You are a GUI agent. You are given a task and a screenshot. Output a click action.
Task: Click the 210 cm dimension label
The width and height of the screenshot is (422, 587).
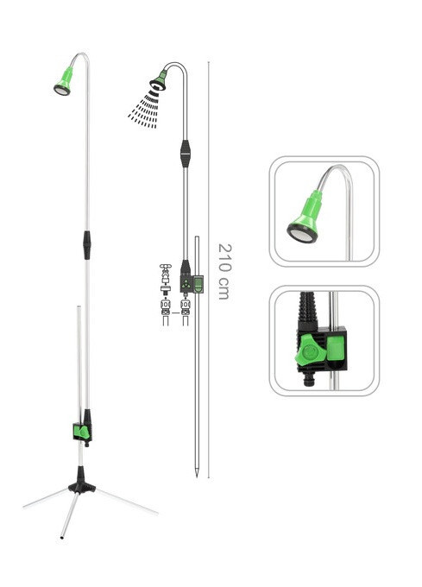tap(225, 271)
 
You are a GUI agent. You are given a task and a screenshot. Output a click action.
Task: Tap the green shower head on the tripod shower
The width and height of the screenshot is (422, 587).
tap(64, 81)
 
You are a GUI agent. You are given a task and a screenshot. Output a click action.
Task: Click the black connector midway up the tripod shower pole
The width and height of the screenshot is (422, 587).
tap(87, 245)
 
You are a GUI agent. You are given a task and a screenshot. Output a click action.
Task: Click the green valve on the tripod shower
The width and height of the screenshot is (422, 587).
tap(83, 432)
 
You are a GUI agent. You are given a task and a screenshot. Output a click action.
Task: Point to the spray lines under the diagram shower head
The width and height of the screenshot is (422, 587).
tap(145, 110)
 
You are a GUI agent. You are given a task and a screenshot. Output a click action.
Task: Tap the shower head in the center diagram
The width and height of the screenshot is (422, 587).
tap(159, 82)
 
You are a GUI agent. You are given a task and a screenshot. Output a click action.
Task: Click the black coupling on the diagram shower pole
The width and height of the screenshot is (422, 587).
tap(186, 154)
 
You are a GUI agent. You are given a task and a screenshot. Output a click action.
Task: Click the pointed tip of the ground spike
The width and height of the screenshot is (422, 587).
tap(197, 477)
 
